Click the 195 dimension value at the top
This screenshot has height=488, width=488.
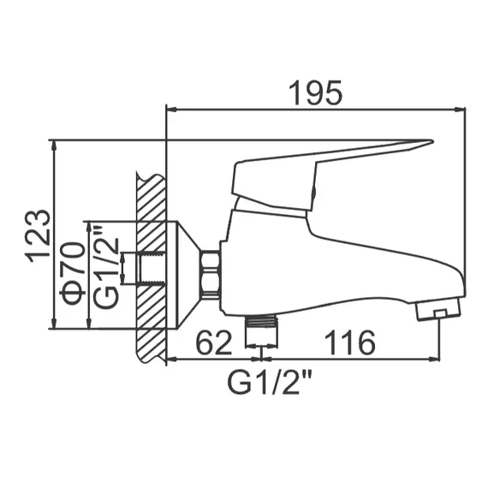click(x=314, y=92)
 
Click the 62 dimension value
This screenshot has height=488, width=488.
click(x=214, y=342)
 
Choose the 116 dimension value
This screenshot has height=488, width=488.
click(x=349, y=342)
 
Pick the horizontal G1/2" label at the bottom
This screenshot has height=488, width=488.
click(x=265, y=378)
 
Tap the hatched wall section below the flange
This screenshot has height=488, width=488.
click(x=150, y=338)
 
